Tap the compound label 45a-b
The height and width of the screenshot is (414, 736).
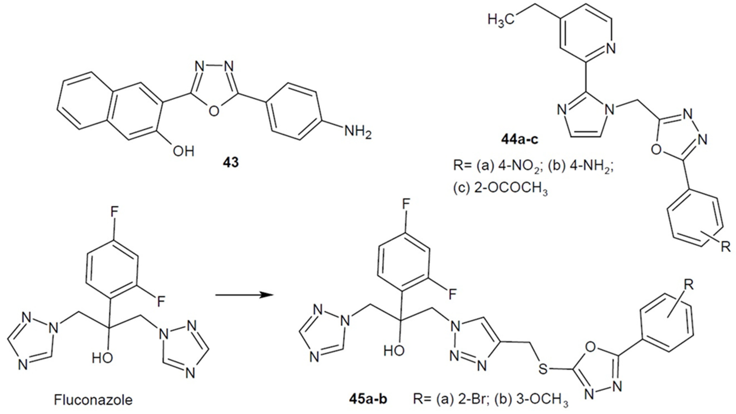pyautogui.click(x=368, y=399)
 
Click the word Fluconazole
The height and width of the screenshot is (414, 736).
pyautogui.click(x=93, y=400)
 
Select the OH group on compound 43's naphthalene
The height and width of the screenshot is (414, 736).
pyautogui.click(x=183, y=151)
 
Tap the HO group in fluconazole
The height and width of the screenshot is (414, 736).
pyautogui.click(x=102, y=358)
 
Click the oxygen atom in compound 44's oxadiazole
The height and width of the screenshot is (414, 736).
pyautogui.click(x=656, y=149)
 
